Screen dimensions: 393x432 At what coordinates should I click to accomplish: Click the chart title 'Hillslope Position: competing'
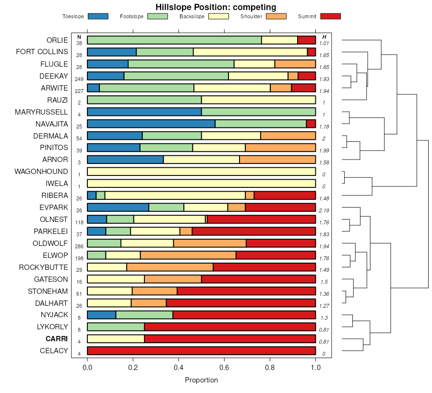pyautogui.click(x=216, y=7)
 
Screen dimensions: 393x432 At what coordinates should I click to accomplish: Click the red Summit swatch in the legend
pyautogui.click(x=330, y=16)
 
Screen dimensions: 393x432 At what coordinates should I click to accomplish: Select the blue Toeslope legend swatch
pyautogui.click(x=98, y=16)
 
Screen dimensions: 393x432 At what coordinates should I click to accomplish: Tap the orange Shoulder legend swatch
pyautogui.click(x=276, y=16)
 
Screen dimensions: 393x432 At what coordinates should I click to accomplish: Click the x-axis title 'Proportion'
pyautogui.click(x=201, y=380)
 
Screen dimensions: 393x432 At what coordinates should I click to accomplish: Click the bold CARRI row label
pyautogui.click(x=57, y=339)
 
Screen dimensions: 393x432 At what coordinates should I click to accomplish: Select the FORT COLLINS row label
pyautogui.click(x=42, y=52)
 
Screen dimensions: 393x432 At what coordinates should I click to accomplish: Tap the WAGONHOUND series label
pyautogui.click(x=41, y=172)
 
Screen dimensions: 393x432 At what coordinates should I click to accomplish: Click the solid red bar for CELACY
pyautogui.click(x=201, y=351)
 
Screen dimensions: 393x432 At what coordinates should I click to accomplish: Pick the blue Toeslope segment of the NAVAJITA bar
pyautogui.click(x=151, y=124)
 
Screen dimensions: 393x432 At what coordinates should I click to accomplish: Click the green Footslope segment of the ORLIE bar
pyautogui.click(x=174, y=40)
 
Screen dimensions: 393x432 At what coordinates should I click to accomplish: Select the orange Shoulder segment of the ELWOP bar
pyautogui.click(x=188, y=255)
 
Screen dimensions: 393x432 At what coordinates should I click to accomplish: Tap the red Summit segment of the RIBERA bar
pyautogui.click(x=285, y=195)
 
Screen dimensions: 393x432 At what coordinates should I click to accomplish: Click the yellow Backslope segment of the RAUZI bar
pyautogui.click(x=258, y=100)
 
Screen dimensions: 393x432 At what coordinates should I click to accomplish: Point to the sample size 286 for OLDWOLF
pyautogui.click(x=79, y=246)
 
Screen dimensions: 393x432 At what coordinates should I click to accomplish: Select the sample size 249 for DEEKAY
pyautogui.click(x=79, y=79)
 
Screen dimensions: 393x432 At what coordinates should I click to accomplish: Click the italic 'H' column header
pyautogui.click(x=324, y=37)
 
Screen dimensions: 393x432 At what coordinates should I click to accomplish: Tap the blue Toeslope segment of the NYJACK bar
pyautogui.click(x=101, y=315)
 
